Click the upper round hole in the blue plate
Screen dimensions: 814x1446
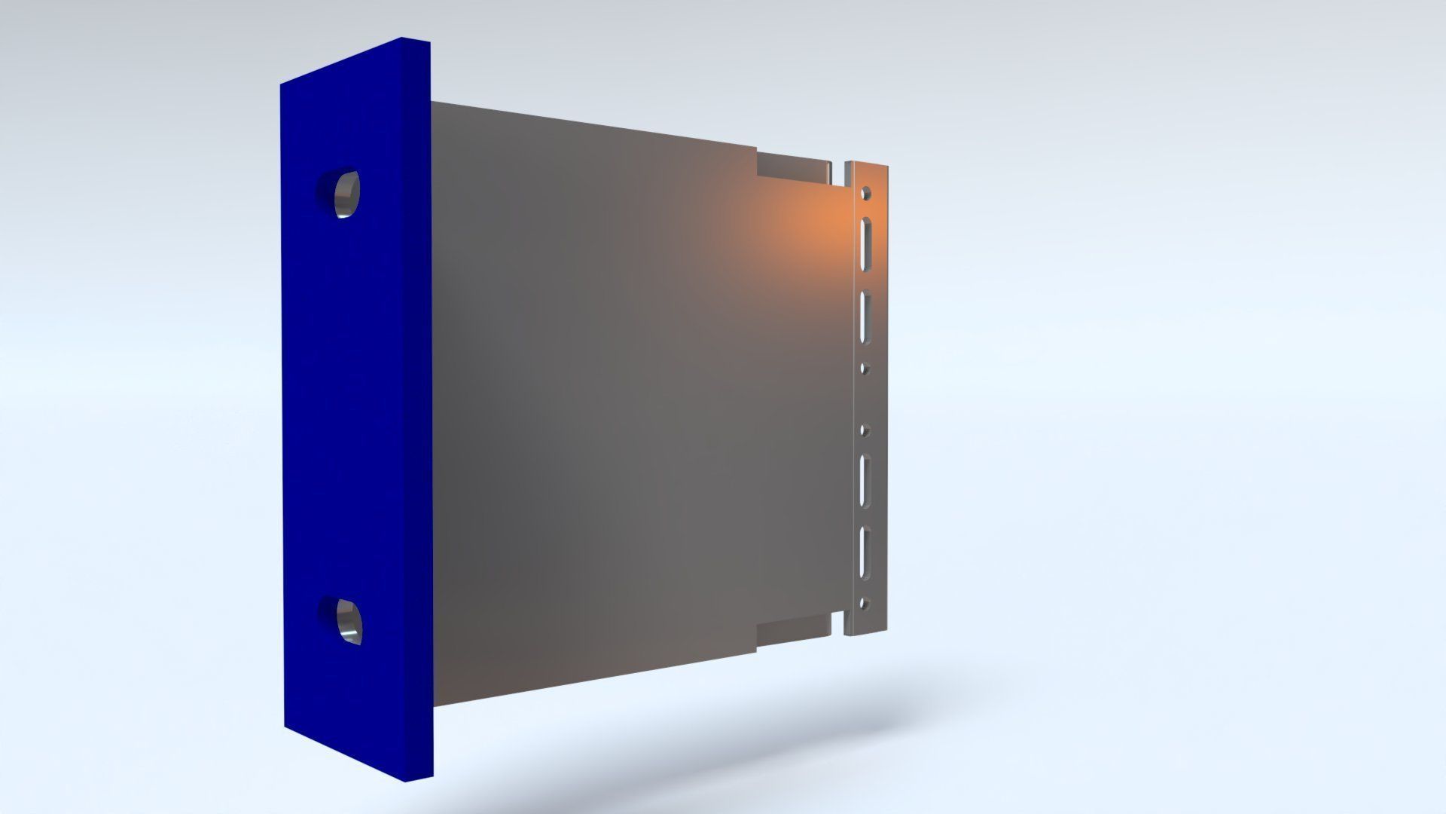[x=340, y=193]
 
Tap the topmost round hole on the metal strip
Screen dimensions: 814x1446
[x=866, y=193]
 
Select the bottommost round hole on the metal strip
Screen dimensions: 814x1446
[x=864, y=603]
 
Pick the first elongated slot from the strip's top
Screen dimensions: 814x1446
[x=865, y=243]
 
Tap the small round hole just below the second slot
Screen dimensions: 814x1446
[x=865, y=369]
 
